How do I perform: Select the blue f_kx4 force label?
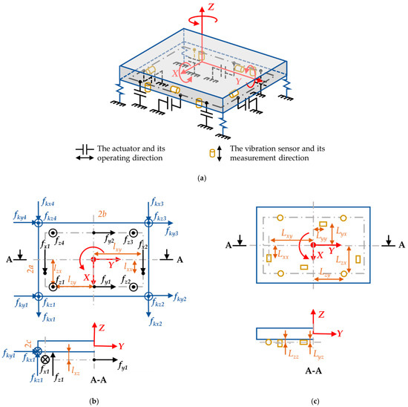[46, 203]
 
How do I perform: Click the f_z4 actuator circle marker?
[52, 231]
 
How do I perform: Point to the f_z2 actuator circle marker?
[134, 286]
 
